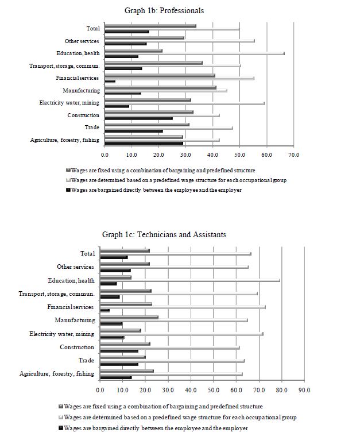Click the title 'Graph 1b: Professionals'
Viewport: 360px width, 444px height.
click(164, 10)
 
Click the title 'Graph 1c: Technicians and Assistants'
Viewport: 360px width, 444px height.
click(164, 234)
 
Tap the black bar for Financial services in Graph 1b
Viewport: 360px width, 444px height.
click(110, 82)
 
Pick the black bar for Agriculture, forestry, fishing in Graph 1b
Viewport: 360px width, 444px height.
click(144, 143)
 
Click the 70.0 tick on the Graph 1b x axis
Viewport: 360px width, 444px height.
click(293, 155)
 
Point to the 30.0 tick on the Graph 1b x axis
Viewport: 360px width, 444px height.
click(185, 155)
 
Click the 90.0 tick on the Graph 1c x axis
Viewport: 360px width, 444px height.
click(304, 391)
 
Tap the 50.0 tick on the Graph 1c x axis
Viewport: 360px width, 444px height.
click(213, 391)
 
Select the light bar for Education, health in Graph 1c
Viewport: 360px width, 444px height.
click(190, 280)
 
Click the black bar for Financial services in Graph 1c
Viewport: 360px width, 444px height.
click(104, 310)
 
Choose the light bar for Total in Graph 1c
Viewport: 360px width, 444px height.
click(175, 253)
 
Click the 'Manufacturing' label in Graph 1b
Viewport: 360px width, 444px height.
click(81, 90)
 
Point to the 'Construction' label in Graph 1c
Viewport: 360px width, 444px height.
click(77, 347)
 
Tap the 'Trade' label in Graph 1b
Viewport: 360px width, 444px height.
click(92, 127)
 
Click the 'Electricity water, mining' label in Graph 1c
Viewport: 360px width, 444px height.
click(61, 334)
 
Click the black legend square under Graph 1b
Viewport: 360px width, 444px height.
click(68, 190)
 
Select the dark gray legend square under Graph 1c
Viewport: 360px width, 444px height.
click(60, 406)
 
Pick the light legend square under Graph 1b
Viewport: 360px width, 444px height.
click(68, 180)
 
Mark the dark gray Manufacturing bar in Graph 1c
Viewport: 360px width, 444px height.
click(129, 317)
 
